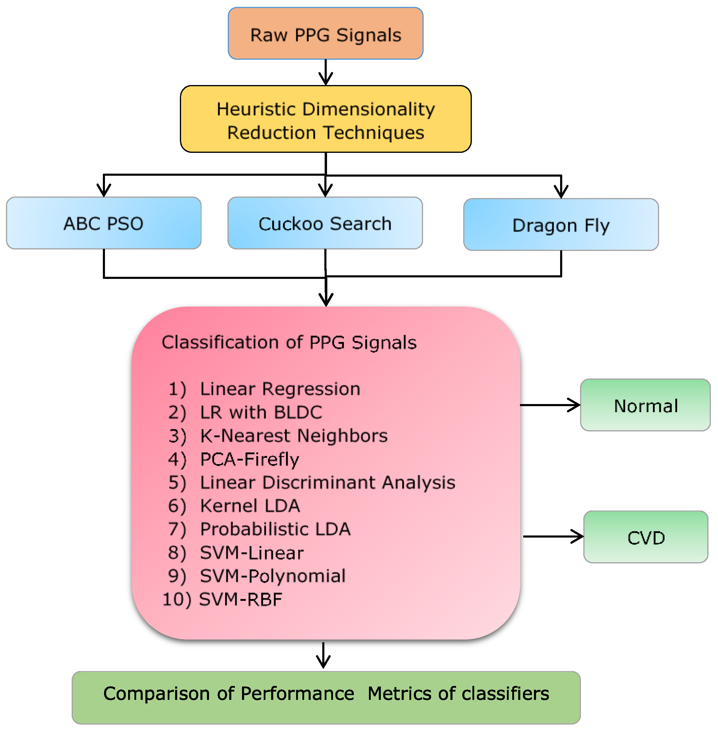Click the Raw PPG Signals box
point(326,34)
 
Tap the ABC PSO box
point(104,223)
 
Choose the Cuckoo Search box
point(325,223)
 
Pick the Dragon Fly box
point(561,225)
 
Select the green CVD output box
point(645,537)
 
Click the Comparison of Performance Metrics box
point(326,698)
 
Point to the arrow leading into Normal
point(551,405)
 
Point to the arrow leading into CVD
point(554,536)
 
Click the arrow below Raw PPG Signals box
point(326,73)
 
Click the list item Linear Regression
point(280,389)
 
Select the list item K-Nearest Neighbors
point(293,436)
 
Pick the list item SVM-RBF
point(241,599)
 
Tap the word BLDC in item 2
point(298,412)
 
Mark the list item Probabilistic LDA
point(275,529)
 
